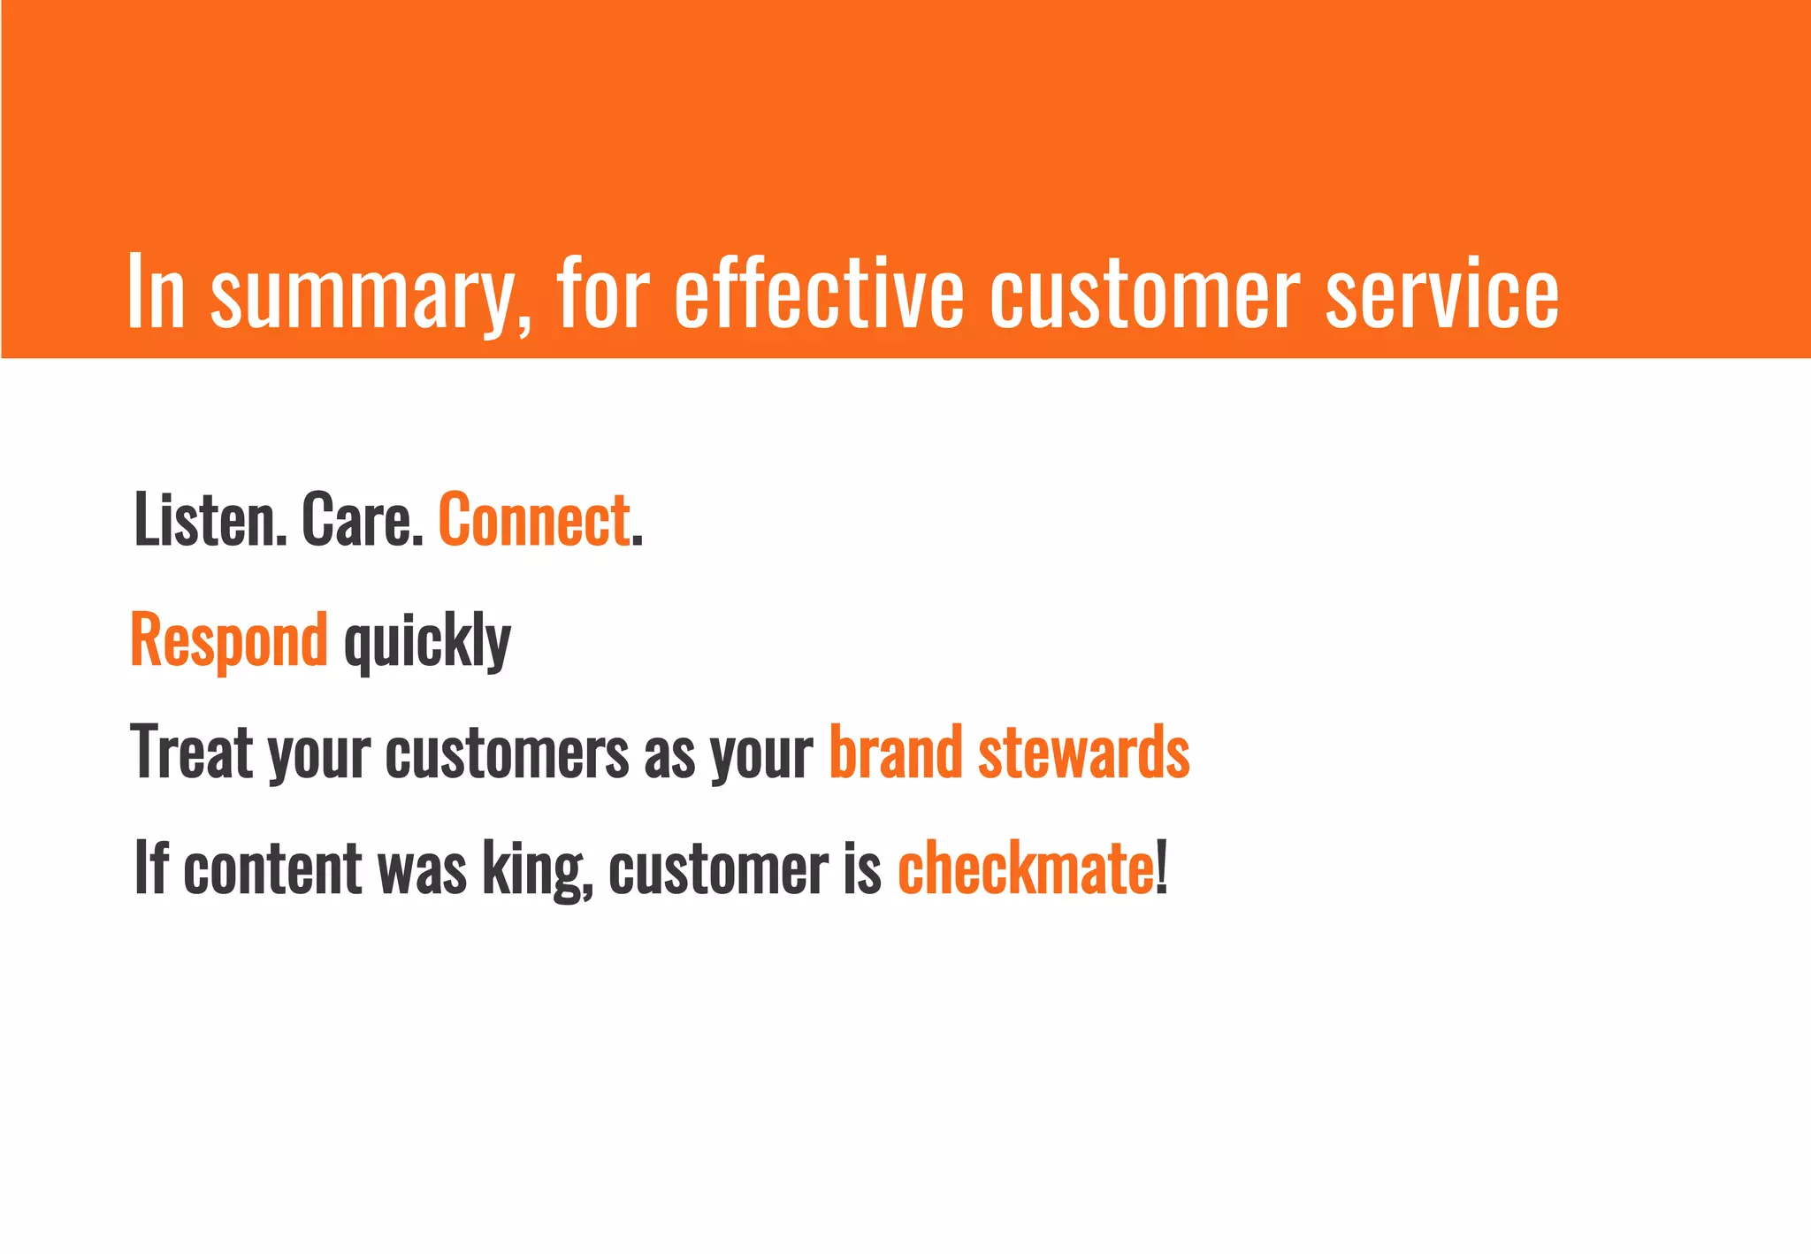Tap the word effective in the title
pos(818,292)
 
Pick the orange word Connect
pos(533,520)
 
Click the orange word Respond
pos(228,640)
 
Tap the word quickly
pos(427,640)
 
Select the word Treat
pos(191,753)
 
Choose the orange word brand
pos(895,753)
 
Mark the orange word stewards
pos(1083,753)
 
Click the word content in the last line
pos(272,868)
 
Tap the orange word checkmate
pos(1024,868)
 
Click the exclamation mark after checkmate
pos(1162,868)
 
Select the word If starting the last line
pos(150,868)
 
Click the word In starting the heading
pos(156,292)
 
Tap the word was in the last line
pos(422,870)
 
